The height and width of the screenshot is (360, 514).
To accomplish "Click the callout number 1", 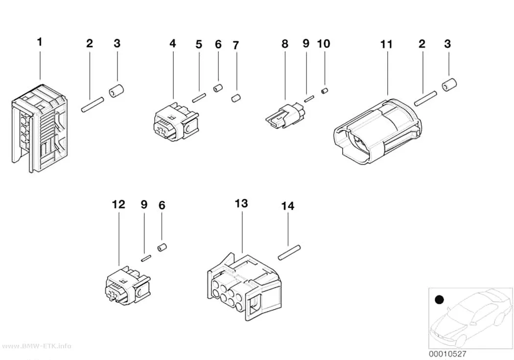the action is (40, 42).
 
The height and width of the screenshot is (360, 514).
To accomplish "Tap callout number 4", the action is (173, 43).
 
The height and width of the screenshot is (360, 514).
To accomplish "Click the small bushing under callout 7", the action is (236, 98).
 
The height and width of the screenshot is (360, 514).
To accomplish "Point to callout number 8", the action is (285, 44).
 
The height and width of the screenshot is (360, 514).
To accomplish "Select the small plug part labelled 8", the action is (285, 115).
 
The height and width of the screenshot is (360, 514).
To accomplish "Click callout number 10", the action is (324, 44).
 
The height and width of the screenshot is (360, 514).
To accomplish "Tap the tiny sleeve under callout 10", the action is (325, 91).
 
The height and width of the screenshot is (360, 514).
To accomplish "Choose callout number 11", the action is (386, 44).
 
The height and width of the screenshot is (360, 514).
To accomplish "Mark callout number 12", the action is (118, 204).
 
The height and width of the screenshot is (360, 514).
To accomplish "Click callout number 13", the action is (241, 203).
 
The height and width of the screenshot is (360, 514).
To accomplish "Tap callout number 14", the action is (288, 206).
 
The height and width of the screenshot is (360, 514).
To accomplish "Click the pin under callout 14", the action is (289, 252).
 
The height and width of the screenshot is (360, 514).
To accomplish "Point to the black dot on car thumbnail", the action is (439, 299).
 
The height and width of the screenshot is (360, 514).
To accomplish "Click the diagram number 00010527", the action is (447, 354).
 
